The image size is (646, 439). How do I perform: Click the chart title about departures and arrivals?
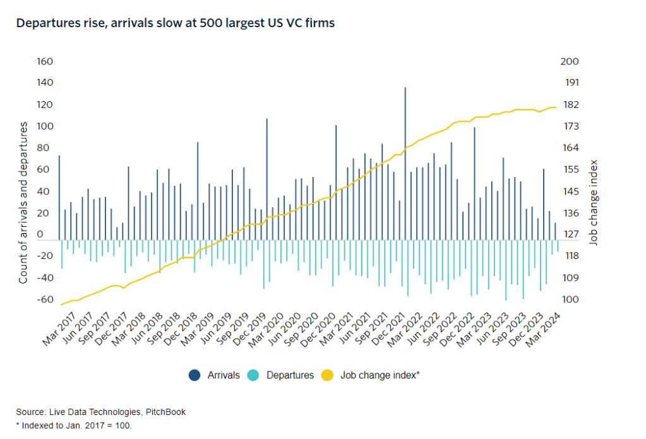(175, 23)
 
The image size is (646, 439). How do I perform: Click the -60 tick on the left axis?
(45, 299)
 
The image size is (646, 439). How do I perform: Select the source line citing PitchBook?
(101, 412)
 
